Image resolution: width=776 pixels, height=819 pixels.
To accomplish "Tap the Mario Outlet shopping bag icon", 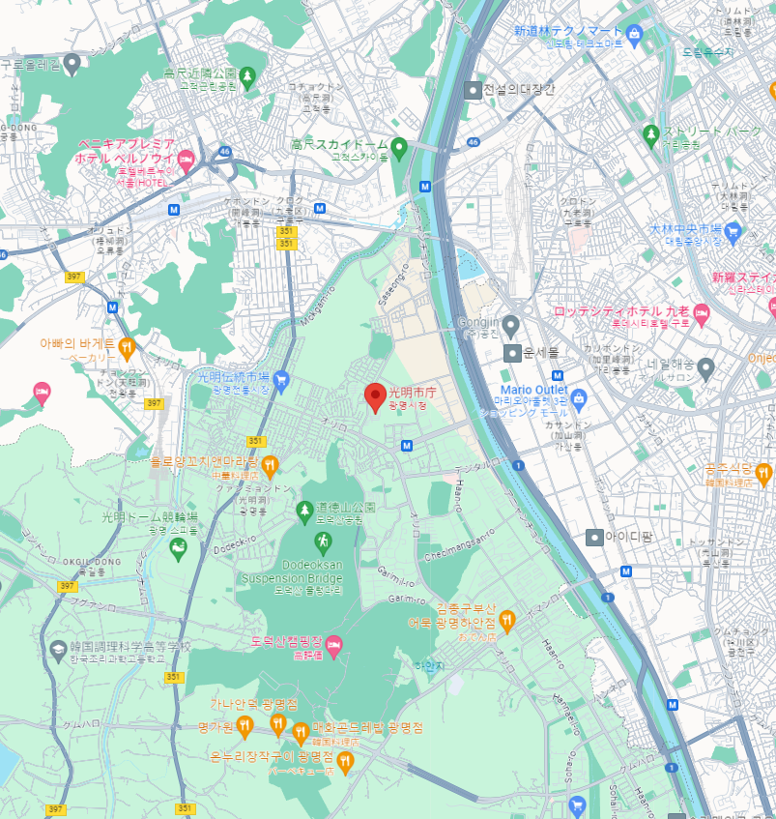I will tap(578, 397).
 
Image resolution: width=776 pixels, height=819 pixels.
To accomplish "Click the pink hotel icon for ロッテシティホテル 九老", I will tap(702, 312).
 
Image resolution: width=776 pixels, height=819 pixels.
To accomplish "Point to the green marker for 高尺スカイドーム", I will tap(398, 146).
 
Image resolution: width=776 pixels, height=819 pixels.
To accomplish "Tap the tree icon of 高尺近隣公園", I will tap(247, 74).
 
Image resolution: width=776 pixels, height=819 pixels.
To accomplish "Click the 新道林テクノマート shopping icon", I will tap(634, 37).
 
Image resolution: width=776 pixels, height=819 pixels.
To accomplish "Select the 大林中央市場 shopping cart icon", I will tap(732, 230).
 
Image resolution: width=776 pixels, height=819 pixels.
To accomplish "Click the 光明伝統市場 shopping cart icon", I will tap(281, 378).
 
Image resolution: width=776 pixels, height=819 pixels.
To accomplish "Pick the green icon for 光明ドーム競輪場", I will tap(178, 548).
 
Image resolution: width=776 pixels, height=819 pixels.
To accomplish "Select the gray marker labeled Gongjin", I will tap(511, 324).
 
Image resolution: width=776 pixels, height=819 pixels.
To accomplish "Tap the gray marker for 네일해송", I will tap(706, 367).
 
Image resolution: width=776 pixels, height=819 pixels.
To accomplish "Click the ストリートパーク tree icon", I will tap(651, 132).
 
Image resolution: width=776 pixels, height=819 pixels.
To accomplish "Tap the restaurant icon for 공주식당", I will tap(763, 473).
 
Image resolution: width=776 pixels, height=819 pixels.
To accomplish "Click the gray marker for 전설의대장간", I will tap(473, 90).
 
